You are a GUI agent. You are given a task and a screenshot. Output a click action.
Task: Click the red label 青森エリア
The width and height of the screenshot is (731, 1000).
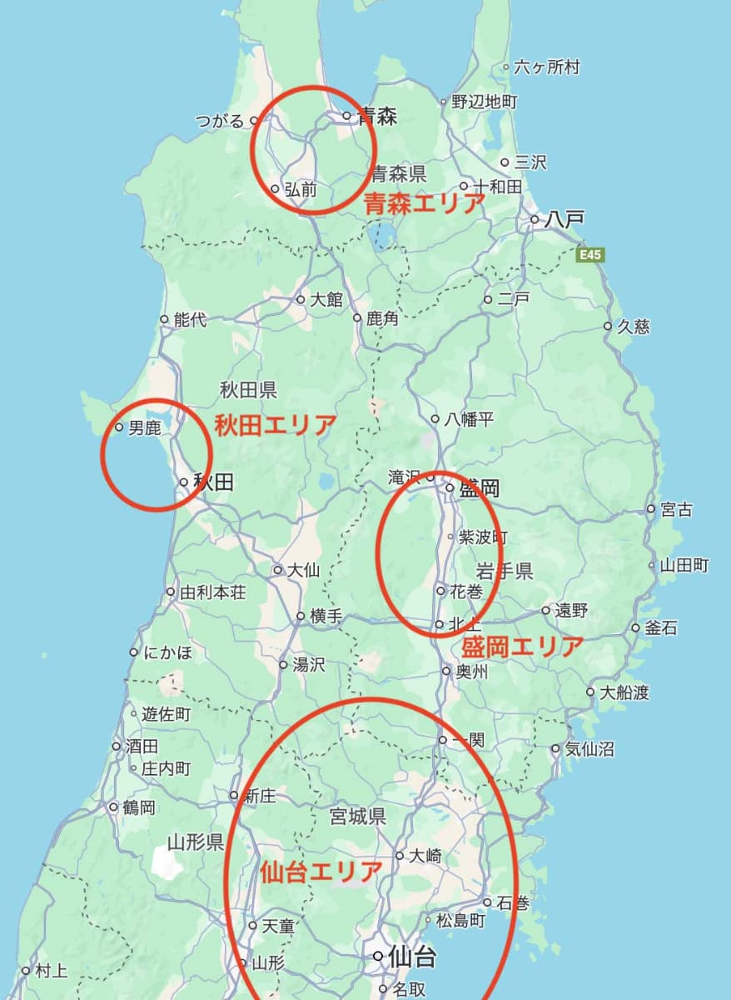(425, 203)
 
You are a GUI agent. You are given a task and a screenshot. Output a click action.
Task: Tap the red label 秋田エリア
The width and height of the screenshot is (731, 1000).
(276, 426)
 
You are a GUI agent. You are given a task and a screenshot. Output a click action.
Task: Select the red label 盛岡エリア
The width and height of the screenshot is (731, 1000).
(522, 646)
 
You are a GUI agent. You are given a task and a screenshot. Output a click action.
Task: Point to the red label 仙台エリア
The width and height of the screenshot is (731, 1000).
(321, 872)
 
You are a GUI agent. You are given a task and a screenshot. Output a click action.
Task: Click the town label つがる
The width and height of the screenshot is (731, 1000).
(220, 122)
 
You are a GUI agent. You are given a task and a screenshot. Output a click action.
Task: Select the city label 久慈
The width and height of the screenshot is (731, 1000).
(633, 327)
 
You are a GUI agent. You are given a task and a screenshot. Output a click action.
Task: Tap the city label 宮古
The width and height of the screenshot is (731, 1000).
(675, 509)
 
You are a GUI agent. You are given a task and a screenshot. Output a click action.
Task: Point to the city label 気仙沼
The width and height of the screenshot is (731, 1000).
(589, 749)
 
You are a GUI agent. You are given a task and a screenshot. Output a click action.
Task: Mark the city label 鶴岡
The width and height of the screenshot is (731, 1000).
(138, 807)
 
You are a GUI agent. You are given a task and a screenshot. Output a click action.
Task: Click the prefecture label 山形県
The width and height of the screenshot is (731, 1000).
(195, 842)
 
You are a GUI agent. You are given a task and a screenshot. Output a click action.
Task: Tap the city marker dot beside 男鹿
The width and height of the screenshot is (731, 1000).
(120, 427)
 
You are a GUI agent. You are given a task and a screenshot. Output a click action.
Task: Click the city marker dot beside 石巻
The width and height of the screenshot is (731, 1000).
(487, 902)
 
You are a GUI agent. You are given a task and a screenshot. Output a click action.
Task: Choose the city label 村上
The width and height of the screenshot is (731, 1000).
(51, 971)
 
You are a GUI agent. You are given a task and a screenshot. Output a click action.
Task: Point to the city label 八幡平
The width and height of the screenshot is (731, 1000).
(469, 419)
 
